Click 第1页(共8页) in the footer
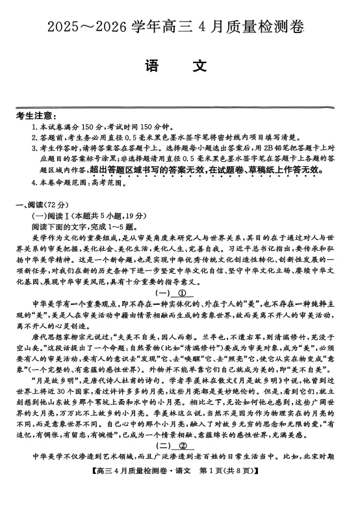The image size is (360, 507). point(224,505)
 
